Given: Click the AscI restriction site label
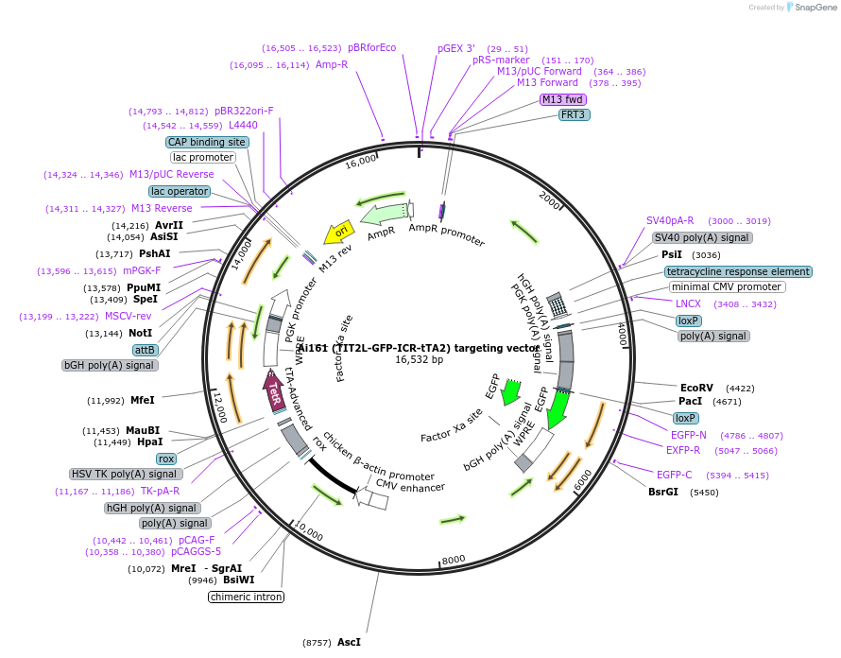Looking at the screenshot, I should (x=349, y=643).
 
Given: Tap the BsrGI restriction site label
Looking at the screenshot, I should (x=663, y=492).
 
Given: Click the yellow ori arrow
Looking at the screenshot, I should (x=340, y=232).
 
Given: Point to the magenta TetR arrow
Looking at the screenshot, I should (x=273, y=390).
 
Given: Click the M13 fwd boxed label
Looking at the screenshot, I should (x=563, y=99).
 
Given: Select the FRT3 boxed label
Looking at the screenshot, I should (x=574, y=114).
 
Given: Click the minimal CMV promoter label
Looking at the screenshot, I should (x=727, y=286).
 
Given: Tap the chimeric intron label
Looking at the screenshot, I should (x=247, y=597).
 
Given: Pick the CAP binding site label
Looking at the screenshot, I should (x=207, y=142).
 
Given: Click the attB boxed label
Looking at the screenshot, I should (x=146, y=350).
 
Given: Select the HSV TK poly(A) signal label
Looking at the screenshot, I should (x=124, y=474).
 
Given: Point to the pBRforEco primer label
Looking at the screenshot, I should (x=372, y=47).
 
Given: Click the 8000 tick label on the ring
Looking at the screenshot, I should (x=454, y=559).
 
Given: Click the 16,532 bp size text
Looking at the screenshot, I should (x=419, y=359).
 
